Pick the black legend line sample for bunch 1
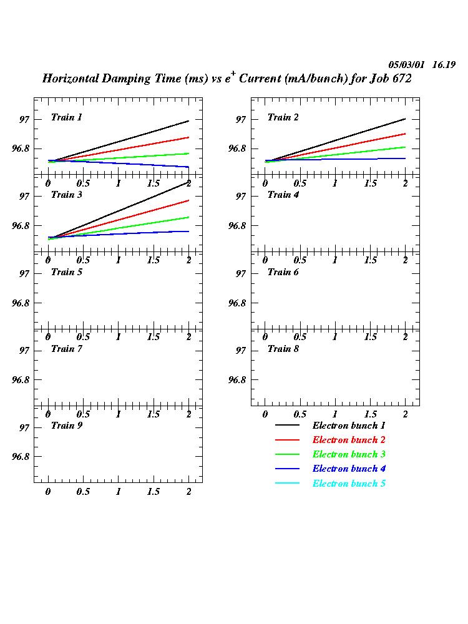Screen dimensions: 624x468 pos(287,426)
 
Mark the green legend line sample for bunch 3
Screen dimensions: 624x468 pos(287,455)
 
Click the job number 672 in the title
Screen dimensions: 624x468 pos(399,79)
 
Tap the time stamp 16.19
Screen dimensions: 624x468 pos(444,65)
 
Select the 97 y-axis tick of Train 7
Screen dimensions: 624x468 pos(25,350)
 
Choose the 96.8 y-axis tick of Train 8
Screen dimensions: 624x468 pos(238,379)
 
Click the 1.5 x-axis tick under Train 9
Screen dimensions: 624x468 pos(154,492)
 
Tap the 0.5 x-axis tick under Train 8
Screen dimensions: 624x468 pos(300,414)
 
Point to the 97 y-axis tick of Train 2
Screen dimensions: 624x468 pos(241,119)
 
